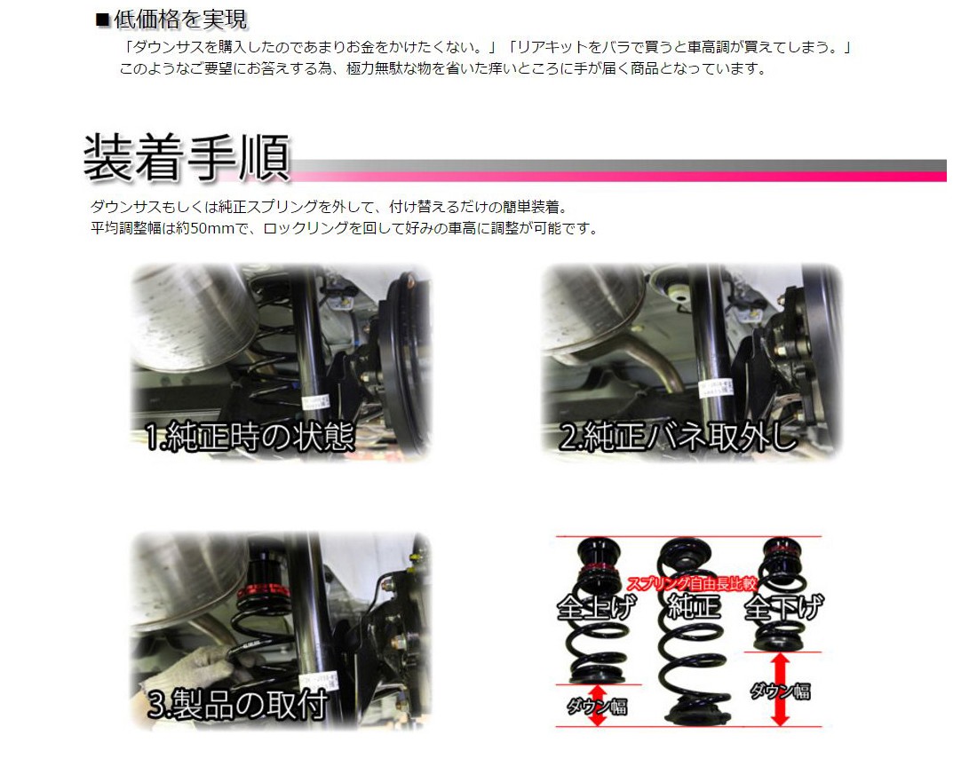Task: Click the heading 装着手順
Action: point(187,157)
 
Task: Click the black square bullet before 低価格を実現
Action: point(103,20)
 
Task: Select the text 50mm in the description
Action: point(212,228)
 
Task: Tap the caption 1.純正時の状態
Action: point(250,437)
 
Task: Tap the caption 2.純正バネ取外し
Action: point(679,436)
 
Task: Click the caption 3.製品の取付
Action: point(237,704)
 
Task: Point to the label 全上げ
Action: point(596,607)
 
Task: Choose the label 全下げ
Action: point(784,607)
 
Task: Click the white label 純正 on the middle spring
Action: point(694,606)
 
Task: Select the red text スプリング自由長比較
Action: point(692,583)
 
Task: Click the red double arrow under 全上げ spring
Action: point(598,705)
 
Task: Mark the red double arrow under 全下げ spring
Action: point(781,690)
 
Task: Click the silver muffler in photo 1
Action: point(190,318)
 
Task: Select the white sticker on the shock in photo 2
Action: point(711,389)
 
